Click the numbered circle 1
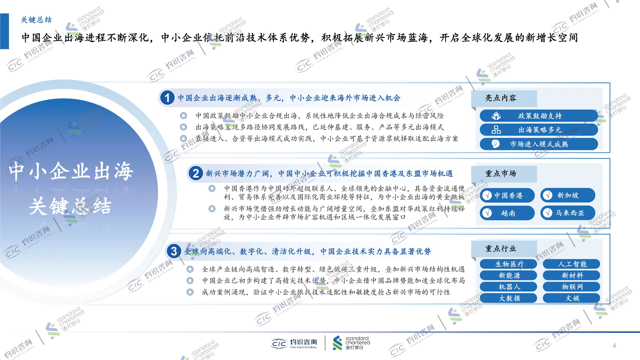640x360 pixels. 167,98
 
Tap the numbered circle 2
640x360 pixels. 196,173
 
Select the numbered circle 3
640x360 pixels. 174,251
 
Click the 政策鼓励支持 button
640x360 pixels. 539,116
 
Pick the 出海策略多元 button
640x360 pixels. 539,130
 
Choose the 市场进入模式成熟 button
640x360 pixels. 539,144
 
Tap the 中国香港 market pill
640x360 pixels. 507,195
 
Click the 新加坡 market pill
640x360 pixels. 567,195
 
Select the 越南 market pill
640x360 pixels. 507,213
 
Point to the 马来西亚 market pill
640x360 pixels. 567,213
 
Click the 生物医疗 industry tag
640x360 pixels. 509,264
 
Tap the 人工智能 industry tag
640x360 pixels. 571,264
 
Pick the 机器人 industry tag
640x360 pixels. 509,287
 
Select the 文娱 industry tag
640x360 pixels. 571,298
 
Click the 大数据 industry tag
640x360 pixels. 509,298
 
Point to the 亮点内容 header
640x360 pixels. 501,98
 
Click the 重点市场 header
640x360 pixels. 501,174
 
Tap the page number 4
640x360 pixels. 614,346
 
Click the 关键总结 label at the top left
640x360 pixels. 36,20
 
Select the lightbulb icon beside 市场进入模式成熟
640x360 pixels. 496,144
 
